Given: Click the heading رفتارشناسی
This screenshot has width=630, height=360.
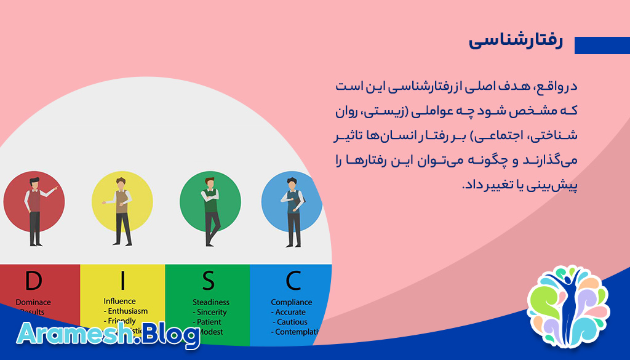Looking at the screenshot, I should (516, 41).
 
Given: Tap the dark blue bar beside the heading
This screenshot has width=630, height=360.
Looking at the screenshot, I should (602, 46).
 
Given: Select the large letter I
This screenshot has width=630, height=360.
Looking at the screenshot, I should (122, 281).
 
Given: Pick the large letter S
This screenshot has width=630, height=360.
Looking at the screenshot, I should (209, 281).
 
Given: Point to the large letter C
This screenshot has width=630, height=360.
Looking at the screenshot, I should (293, 281).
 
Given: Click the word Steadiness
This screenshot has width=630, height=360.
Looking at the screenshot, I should (211, 302).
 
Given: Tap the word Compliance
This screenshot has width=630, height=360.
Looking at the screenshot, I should (292, 302).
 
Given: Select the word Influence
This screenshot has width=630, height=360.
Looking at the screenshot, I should (120, 302).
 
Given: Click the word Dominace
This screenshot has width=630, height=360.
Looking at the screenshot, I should (33, 302).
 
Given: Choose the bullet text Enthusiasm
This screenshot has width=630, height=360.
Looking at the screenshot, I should (128, 311).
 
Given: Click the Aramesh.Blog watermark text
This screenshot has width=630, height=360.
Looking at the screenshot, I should (108, 335).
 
